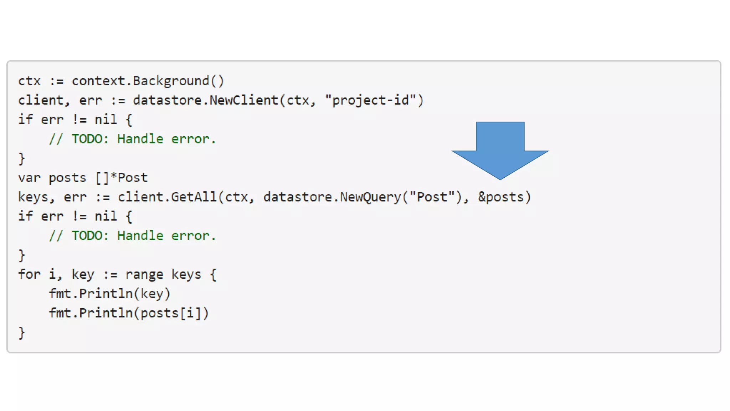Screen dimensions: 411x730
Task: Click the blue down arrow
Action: click(x=500, y=150)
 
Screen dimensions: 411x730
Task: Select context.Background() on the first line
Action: click(x=148, y=81)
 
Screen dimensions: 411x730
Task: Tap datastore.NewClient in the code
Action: click(x=205, y=100)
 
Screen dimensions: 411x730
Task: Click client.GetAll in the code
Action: click(x=167, y=197)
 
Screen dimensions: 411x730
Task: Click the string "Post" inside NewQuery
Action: click(x=432, y=197)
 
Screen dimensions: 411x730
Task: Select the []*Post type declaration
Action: click(x=122, y=178)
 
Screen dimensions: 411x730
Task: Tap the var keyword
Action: click(x=29, y=178)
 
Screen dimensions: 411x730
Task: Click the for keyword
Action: click(x=29, y=274)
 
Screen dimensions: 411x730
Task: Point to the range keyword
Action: click(x=144, y=274)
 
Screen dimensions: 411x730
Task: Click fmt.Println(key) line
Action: click(x=109, y=294)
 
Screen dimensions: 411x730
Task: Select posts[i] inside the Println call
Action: click(x=171, y=313)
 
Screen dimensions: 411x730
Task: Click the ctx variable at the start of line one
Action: click(x=29, y=81)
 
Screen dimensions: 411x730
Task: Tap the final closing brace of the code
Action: click(x=22, y=333)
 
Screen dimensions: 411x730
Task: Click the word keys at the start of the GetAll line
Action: click(x=34, y=197)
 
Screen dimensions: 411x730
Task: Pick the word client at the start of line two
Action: click(x=41, y=100)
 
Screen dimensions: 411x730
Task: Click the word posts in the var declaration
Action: click(x=67, y=178)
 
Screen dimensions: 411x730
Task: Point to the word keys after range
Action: click(x=186, y=274)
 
